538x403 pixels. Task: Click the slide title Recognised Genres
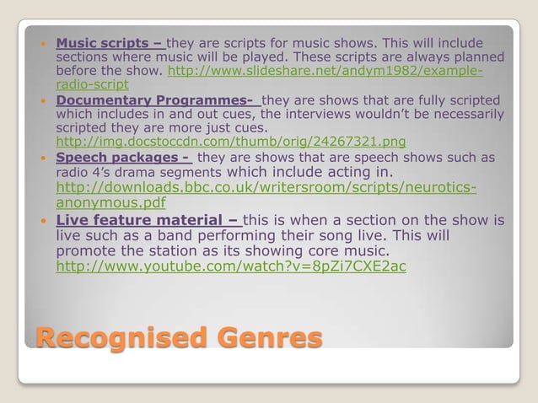178,339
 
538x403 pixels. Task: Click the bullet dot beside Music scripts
44,43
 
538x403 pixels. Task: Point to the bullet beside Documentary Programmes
44,99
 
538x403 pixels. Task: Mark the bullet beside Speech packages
44,157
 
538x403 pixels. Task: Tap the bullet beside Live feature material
44,221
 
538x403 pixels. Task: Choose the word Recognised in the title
110,339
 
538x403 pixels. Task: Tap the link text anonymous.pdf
110,202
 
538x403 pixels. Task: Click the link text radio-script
92,85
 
